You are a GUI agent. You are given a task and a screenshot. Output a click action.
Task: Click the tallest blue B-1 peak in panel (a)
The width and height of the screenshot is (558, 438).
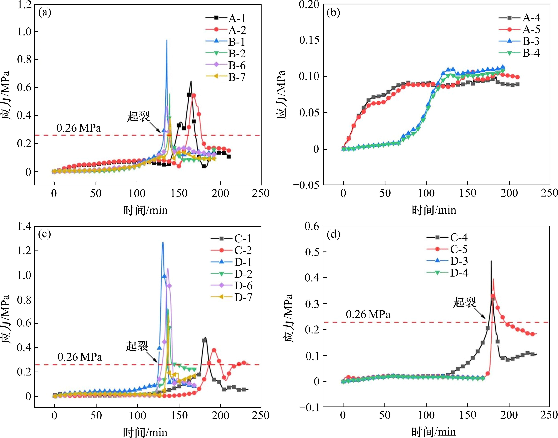[167, 40]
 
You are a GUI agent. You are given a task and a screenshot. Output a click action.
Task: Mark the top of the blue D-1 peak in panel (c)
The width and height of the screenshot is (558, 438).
[163, 242]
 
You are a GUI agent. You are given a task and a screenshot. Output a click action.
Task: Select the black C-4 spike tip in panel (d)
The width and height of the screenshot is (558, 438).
[491, 261]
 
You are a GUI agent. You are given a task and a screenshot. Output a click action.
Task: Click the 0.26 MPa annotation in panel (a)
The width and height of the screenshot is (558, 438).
[79, 128]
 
